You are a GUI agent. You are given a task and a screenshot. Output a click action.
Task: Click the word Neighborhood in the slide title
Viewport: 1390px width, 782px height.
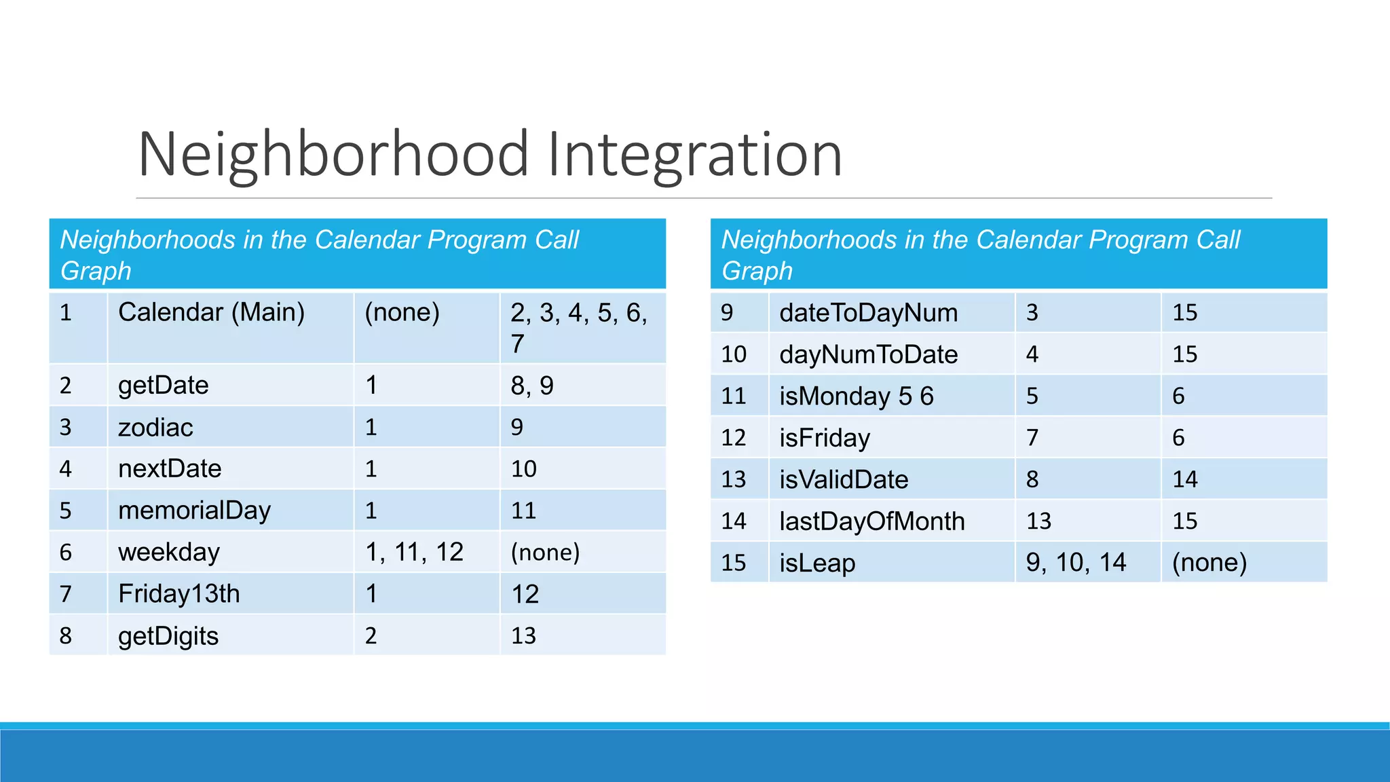pyautogui.click(x=333, y=155)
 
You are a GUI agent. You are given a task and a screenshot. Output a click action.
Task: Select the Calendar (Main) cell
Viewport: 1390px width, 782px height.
pyautogui.click(x=211, y=313)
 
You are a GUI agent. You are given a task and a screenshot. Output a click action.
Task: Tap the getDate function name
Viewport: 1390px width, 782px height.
pyautogui.click(x=163, y=386)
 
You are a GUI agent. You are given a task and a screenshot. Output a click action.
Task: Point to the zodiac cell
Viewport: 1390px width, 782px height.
pyautogui.click(x=155, y=428)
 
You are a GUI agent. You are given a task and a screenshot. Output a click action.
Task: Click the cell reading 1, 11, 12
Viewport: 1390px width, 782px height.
pyautogui.click(x=414, y=553)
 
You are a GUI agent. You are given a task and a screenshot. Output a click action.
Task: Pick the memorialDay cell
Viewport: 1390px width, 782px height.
pyautogui.click(x=194, y=510)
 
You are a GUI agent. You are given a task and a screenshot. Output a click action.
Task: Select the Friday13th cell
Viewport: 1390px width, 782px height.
pyautogui.click(x=179, y=594)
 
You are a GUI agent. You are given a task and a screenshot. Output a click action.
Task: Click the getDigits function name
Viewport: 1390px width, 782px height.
pyautogui.click(x=168, y=636)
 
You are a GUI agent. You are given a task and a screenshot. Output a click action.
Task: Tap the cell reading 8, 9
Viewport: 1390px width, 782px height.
pyautogui.click(x=532, y=386)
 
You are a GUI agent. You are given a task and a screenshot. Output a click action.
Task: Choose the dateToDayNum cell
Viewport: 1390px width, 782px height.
pyautogui.click(x=868, y=313)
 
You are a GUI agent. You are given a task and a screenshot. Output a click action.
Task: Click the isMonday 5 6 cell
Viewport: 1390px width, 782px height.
pyautogui.click(x=856, y=396)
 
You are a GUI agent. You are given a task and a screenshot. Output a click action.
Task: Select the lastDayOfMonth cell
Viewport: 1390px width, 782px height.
pyautogui.click(x=871, y=521)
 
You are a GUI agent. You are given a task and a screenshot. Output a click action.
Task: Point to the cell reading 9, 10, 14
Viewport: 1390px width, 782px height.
pyautogui.click(x=1075, y=563)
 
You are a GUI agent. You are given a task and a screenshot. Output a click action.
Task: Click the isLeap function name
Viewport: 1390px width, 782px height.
pyautogui.click(x=816, y=563)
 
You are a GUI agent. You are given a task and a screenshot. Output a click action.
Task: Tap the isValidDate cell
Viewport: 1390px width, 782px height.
pyautogui.click(x=843, y=480)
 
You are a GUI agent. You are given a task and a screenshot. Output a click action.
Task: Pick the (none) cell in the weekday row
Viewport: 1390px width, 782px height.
pyautogui.click(x=545, y=553)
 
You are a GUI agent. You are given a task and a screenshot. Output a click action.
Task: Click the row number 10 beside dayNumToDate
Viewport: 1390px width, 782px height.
pyautogui.click(x=734, y=354)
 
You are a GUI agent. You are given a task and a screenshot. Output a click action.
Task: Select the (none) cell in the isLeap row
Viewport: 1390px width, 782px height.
pyautogui.click(x=1209, y=563)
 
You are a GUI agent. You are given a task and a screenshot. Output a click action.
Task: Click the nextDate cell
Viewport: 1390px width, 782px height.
pyautogui.click(x=170, y=469)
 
